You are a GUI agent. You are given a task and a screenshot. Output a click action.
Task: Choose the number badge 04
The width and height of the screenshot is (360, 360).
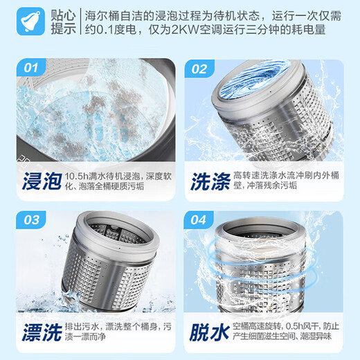[x=199, y=221]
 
